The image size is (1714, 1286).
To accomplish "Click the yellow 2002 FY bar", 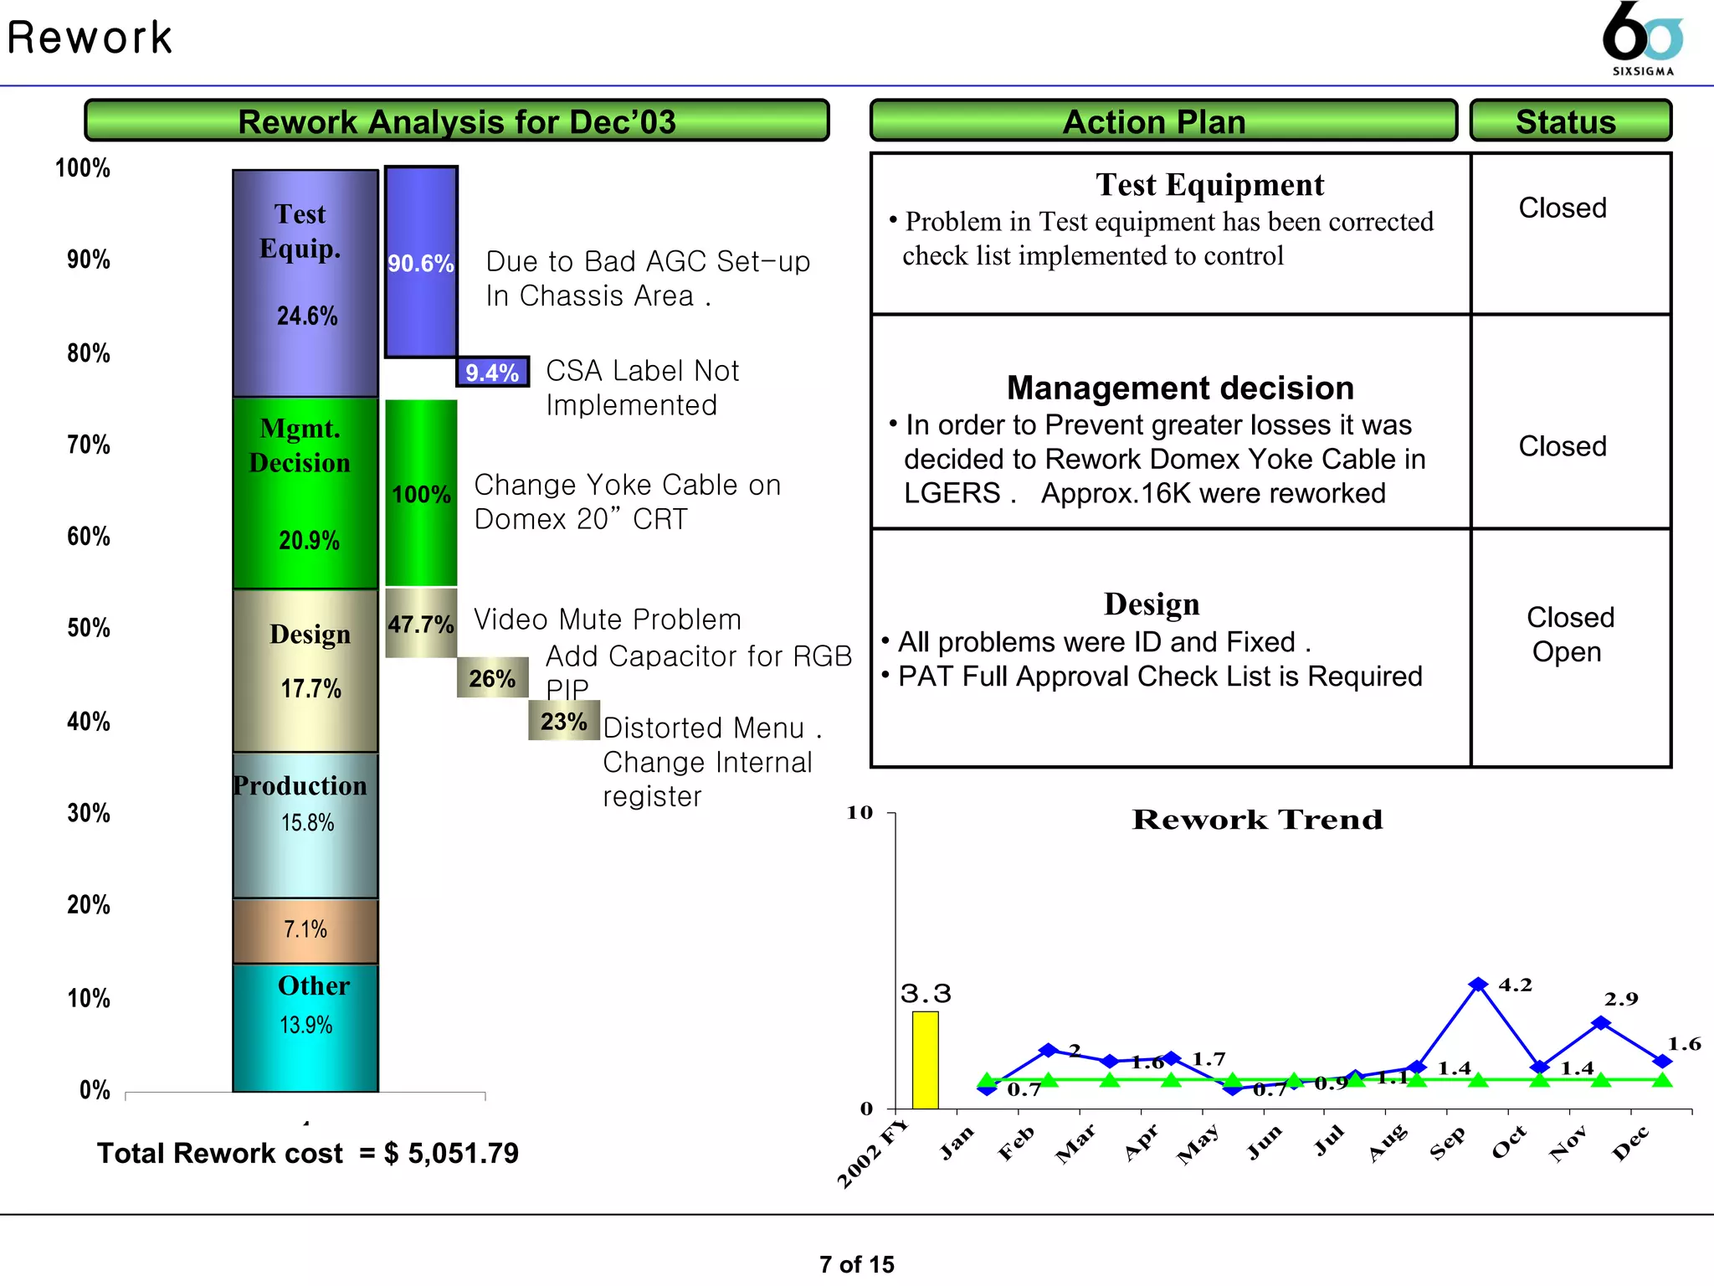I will (925, 1060).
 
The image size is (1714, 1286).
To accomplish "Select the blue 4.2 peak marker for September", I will (1478, 985).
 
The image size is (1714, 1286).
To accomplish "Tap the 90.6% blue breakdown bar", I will (421, 262).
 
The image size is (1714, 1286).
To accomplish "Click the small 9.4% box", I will (492, 372).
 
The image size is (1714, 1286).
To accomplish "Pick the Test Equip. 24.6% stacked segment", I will (305, 283).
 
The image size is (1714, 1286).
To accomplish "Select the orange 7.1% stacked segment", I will (305, 930).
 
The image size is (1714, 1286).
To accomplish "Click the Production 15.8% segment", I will (305, 825).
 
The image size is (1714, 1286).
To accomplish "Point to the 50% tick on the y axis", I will (89, 628).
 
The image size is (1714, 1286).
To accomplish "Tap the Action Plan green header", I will (1162, 121).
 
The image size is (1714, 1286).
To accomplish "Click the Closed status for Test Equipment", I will (1563, 208).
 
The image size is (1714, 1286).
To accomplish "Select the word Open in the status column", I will (1567, 651).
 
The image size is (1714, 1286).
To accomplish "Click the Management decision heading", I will (1180, 388).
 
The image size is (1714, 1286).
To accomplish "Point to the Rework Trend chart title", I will (1257, 819).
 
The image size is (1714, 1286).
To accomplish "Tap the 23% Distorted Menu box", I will (563, 721).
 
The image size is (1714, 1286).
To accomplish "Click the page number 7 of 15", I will (856, 1263).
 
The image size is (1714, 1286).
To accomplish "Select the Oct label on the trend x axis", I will (1509, 1143).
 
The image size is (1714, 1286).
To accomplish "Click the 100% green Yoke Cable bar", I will (421, 493).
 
